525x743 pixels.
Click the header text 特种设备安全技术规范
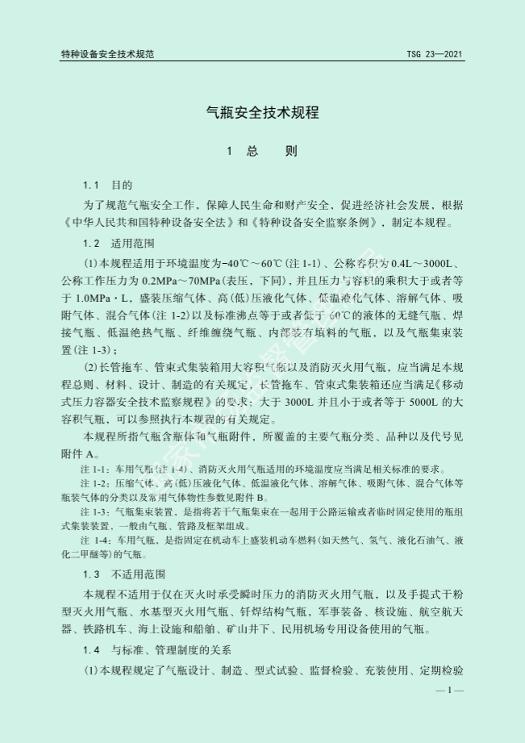(107, 54)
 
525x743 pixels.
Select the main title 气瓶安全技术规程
(263, 113)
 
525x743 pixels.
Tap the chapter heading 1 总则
(263, 152)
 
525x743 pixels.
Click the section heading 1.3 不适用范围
(124, 574)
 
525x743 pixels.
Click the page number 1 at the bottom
(450, 691)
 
